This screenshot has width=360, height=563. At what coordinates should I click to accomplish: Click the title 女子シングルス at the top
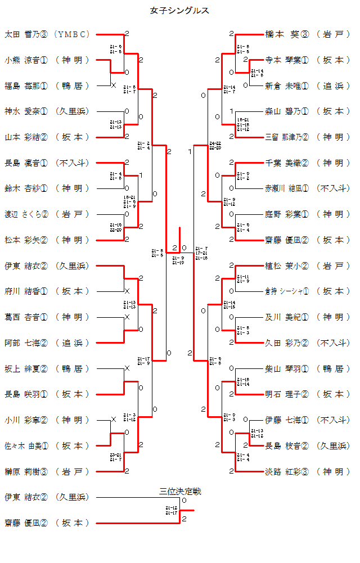[180, 11]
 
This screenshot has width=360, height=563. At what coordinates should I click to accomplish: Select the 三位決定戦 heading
[180, 491]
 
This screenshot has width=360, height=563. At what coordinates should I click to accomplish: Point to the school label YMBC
[73, 34]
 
